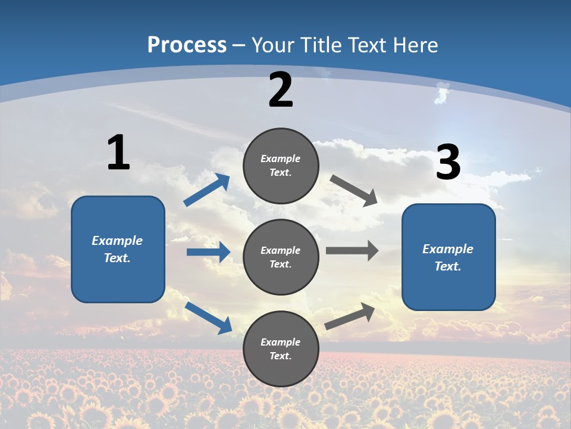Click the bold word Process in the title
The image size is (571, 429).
187,45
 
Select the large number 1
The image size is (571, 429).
118,153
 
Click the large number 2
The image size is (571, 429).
281,90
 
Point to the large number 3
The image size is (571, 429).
448,162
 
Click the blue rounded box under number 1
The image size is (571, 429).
118,249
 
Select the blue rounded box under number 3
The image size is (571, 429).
448,257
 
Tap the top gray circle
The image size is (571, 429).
281,166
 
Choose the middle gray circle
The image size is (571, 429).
281,257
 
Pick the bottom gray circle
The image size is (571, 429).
281,349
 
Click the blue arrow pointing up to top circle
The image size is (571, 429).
207,190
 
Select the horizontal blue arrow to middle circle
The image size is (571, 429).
208,252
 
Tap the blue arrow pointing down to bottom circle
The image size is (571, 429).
208,318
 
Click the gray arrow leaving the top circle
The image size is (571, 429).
354,191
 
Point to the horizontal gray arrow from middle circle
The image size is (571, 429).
352,251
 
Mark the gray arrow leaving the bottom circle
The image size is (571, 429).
350,316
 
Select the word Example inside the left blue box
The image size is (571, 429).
117,241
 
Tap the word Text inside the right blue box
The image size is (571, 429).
447,266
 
